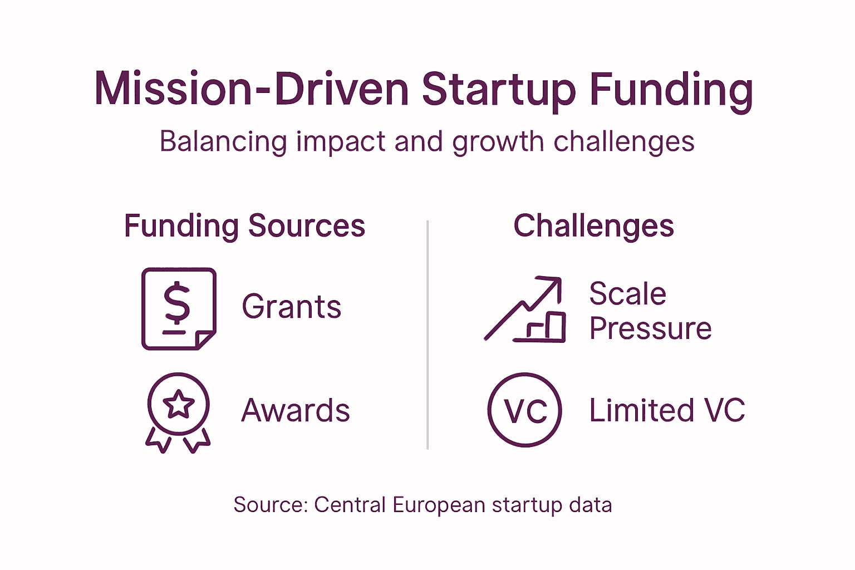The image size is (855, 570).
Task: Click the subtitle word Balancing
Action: pos(223,141)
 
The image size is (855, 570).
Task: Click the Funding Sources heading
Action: pos(244,226)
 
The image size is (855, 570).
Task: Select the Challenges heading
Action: pos(593,226)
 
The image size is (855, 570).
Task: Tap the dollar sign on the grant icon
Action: pos(177,303)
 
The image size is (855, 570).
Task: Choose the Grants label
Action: pos(291,307)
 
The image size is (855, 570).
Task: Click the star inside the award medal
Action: pos(179,404)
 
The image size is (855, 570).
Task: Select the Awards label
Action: pos(296,411)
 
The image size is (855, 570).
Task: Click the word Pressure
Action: pos(650,328)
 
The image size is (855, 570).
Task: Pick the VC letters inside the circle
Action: pos(525,411)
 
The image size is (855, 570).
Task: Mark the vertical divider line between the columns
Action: pos(427,334)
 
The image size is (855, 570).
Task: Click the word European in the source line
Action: pos(439,505)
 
